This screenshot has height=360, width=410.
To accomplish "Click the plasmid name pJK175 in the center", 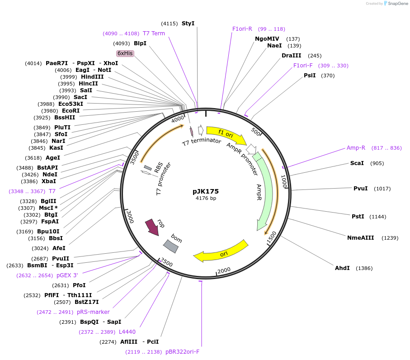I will [x=206, y=191].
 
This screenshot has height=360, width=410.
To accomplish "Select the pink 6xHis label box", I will [x=125, y=53].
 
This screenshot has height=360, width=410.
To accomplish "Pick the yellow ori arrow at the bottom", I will [x=221, y=252].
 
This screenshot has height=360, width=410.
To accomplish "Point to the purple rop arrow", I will [x=152, y=227].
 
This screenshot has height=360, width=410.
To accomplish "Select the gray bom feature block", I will [x=170, y=246].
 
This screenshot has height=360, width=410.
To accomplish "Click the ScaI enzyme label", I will [x=357, y=163].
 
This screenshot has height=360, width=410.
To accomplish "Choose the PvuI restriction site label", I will [x=360, y=189].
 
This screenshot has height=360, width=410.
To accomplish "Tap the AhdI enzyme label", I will [x=342, y=268].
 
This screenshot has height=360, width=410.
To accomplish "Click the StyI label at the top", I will [x=188, y=23].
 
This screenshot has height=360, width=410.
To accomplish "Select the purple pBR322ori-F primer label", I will [x=182, y=351].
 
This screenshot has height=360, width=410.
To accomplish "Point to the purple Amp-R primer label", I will [x=356, y=148].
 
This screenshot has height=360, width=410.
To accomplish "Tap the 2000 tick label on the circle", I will [x=224, y=270].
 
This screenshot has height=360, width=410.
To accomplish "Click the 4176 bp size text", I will [x=206, y=198].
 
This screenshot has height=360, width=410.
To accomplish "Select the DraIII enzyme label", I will [x=291, y=56].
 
